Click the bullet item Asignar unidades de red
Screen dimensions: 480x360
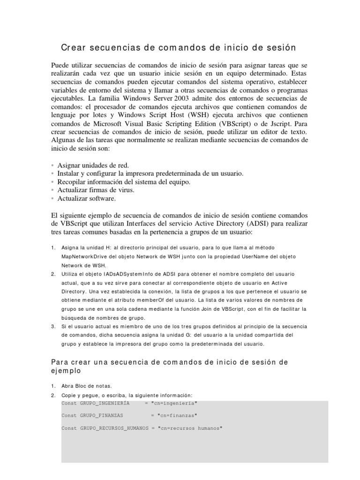(93, 165)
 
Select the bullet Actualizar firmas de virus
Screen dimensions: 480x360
(96, 190)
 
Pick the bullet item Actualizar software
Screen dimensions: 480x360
(86, 198)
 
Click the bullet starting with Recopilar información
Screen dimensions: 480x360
(124, 182)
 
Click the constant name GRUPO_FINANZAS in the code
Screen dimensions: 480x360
(102, 415)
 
